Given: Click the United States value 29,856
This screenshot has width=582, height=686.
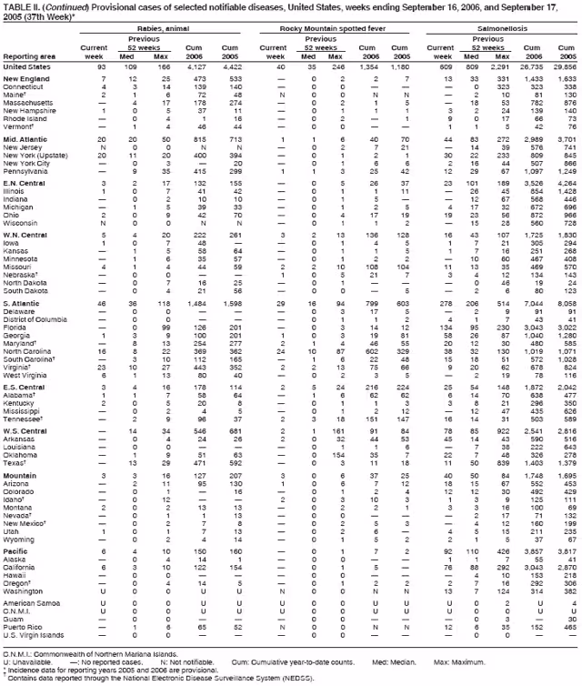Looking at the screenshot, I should pyautogui.click(x=565, y=66).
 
